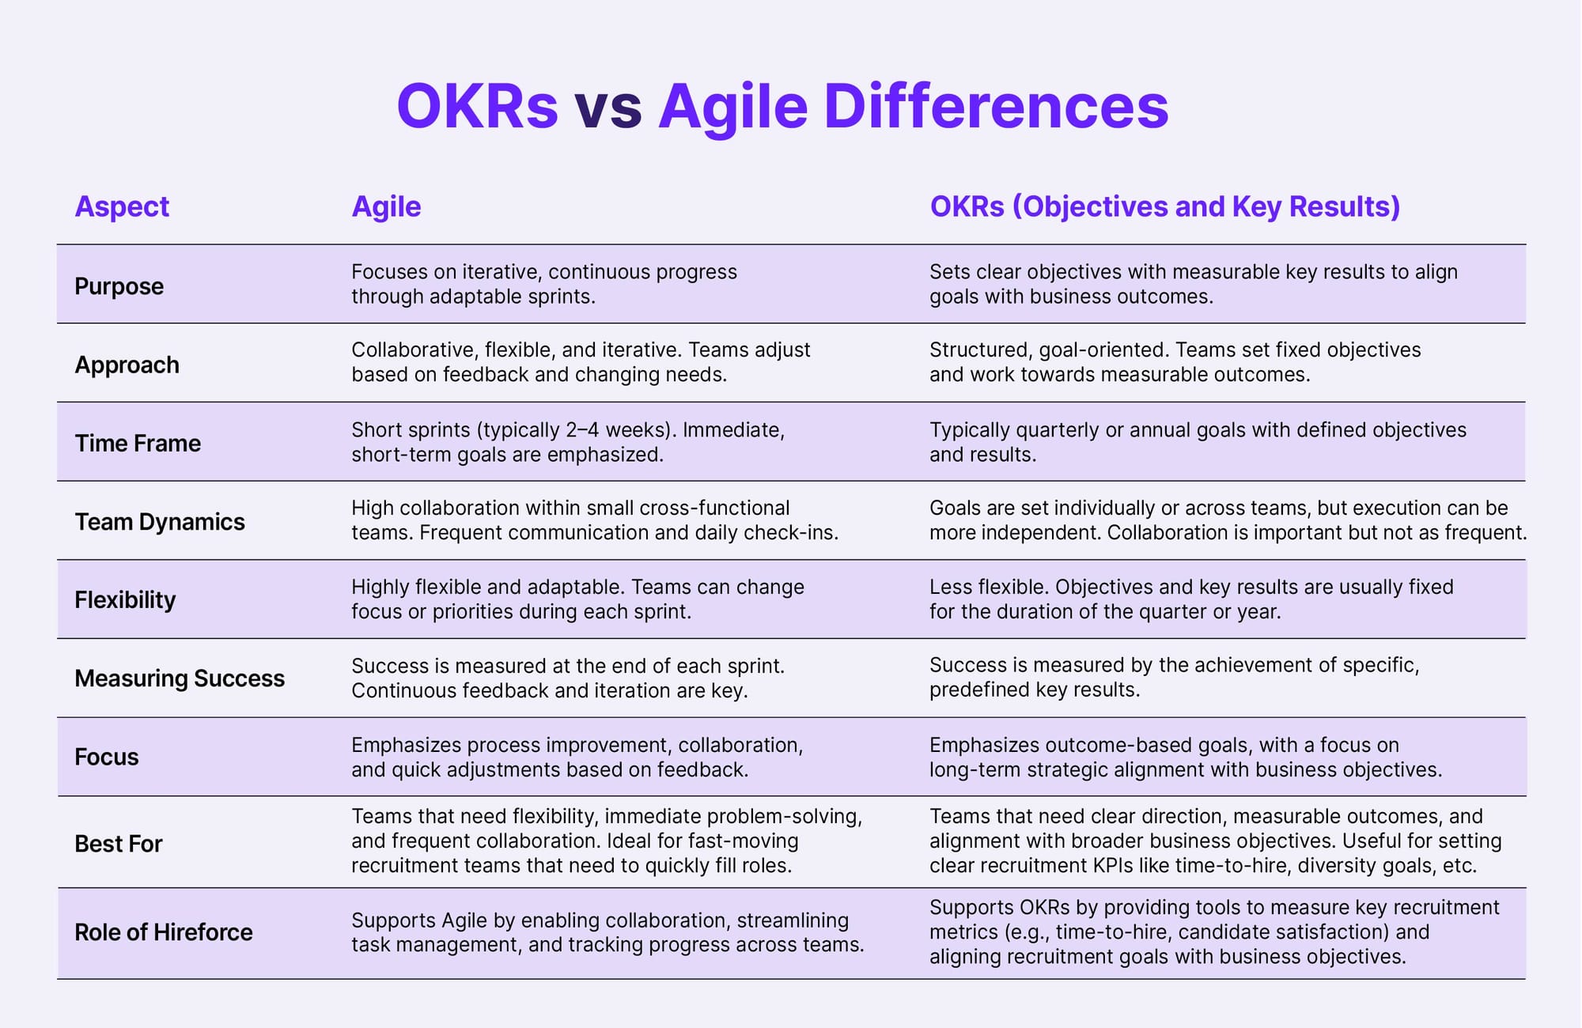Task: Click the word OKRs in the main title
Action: pos(478,106)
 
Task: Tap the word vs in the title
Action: pos(607,108)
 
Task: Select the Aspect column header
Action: pos(122,206)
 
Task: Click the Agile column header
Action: pos(386,206)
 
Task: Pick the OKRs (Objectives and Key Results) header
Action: pos(1165,206)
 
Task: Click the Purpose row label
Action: pos(119,285)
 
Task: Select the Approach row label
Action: pos(127,365)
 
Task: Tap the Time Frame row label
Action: pos(138,443)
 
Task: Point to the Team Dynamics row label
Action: pos(160,522)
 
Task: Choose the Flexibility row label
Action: pos(125,599)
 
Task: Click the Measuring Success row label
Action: pos(180,678)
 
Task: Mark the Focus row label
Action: pos(107,757)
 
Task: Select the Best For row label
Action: pos(119,844)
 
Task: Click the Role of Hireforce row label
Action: pos(164,932)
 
